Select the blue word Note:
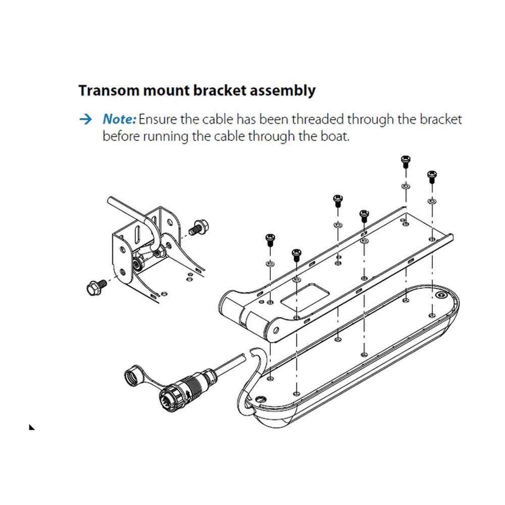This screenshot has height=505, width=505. point(119,120)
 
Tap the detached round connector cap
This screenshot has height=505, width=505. point(135,378)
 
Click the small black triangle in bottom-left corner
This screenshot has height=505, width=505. point(32,427)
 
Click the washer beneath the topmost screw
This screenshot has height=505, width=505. point(405,186)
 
